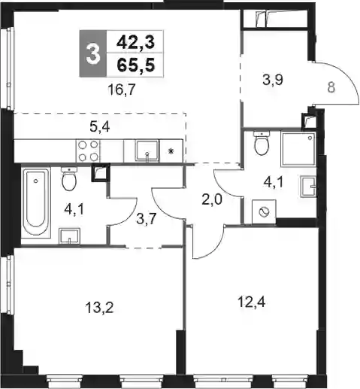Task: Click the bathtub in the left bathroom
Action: (35, 202)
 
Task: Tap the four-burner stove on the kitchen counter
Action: (88, 150)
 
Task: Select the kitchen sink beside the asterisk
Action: (147, 150)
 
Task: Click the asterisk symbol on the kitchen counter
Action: (171, 151)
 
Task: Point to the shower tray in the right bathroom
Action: (298, 149)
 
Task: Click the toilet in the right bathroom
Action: (262, 143)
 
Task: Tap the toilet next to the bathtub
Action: (69, 179)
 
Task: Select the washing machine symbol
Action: (264, 211)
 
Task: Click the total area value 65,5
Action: (135, 65)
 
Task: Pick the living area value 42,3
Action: (135, 42)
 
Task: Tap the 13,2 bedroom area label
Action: (99, 307)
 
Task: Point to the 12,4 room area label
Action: (252, 302)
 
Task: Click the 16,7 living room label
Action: (122, 90)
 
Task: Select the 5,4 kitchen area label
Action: (100, 127)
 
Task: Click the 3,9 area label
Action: (273, 80)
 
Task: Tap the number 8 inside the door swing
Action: (331, 88)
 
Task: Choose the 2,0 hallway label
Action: (212, 200)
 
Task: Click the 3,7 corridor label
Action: (147, 219)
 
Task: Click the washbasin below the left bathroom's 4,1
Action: (69, 236)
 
